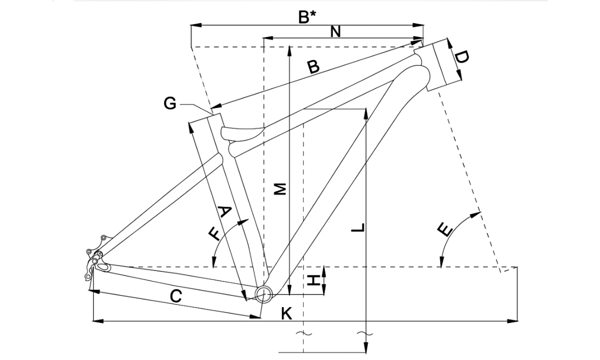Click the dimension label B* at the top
pos(307,17)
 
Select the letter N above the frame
pos(335,31)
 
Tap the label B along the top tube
pos(313,66)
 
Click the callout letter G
pos(170,103)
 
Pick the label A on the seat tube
pos(224,212)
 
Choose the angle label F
pos(215,233)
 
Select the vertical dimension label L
pos(358,228)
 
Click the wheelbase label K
pos(286,313)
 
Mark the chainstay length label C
pos(175,296)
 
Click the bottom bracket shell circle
pos(263,293)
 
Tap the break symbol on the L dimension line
pos(366,333)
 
